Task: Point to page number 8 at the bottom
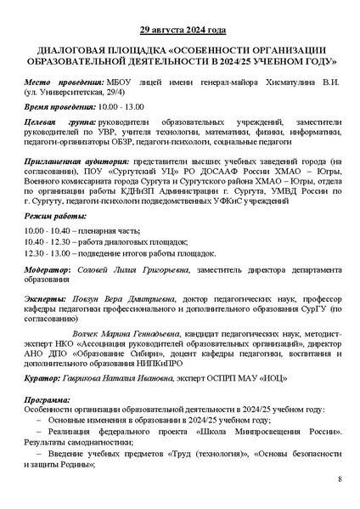(339, 481)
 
